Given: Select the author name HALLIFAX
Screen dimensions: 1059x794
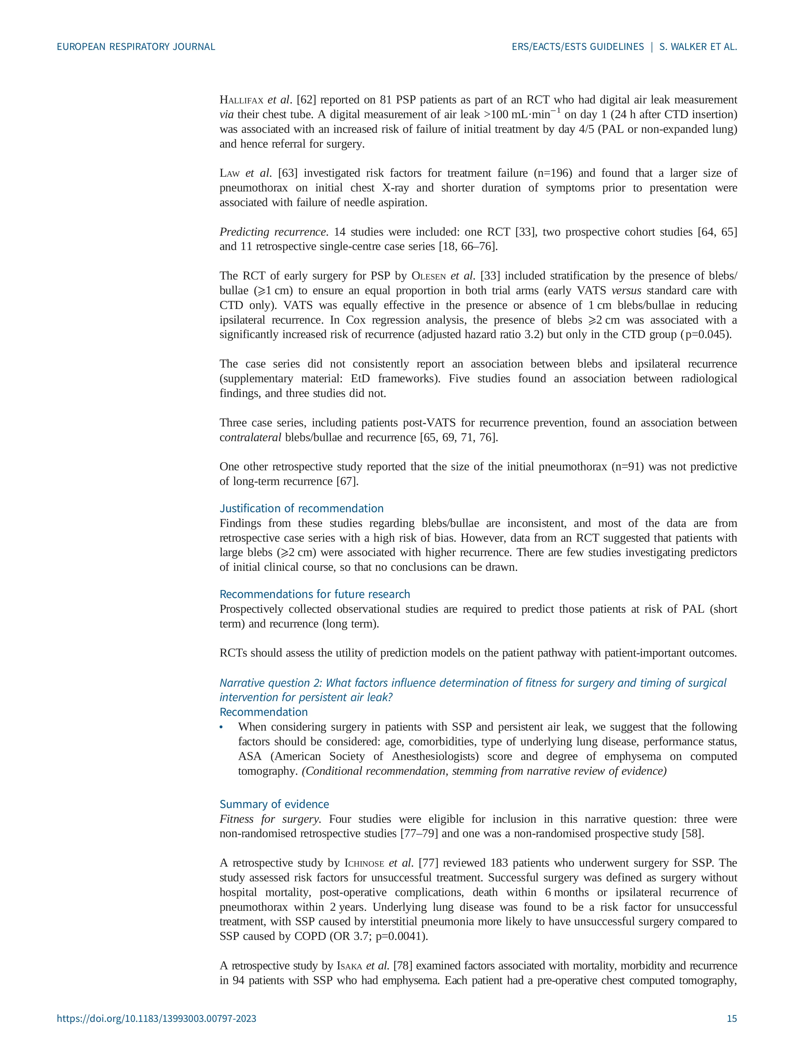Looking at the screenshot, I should (x=241, y=100).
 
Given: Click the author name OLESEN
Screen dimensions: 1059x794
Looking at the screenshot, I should (x=428, y=276).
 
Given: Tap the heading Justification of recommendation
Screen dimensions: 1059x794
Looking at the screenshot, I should (x=301, y=508).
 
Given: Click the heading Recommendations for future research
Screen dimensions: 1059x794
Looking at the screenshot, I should (x=315, y=594).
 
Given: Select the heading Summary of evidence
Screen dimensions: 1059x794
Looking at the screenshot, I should (x=274, y=804).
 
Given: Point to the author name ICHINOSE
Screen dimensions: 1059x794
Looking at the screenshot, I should (x=364, y=863).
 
